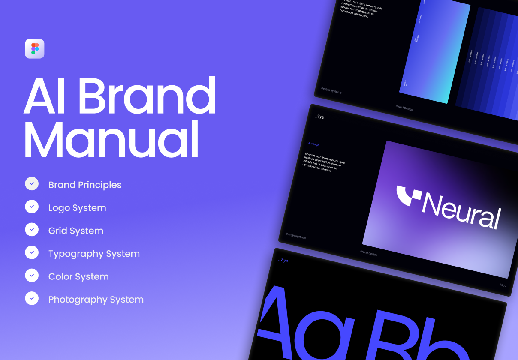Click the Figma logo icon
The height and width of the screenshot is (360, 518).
[35, 48]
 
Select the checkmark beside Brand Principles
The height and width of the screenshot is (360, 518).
[32, 183]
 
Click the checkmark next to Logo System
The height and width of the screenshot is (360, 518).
[32, 206]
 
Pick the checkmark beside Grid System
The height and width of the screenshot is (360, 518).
[32, 229]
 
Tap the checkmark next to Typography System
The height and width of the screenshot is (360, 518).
[32, 252]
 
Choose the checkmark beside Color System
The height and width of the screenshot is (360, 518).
[32, 275]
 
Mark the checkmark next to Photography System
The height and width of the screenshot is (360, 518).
[32, 298]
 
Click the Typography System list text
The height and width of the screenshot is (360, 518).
[94, 254]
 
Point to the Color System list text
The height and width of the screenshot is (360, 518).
[78, 276]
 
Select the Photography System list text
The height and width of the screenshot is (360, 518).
[96, 300]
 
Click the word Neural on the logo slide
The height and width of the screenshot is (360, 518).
[461, 212]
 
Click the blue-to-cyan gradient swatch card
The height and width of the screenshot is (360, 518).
[435, 54]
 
